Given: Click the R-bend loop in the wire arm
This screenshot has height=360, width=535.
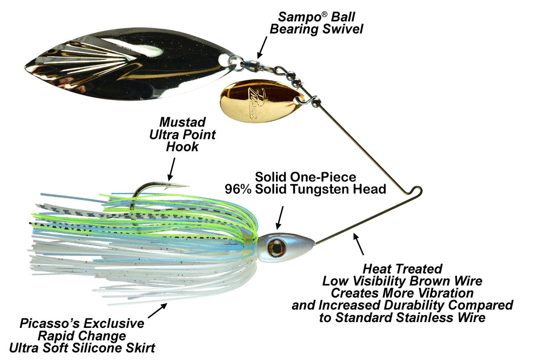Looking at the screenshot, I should coord(417,191).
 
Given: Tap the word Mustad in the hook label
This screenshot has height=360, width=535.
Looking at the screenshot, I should coord(182,122).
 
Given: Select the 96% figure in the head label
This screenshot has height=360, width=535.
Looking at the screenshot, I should coord(239,189).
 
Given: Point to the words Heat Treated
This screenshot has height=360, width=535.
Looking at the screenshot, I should coord(402,269).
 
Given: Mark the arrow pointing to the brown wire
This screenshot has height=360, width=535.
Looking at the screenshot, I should coord(358,243).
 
